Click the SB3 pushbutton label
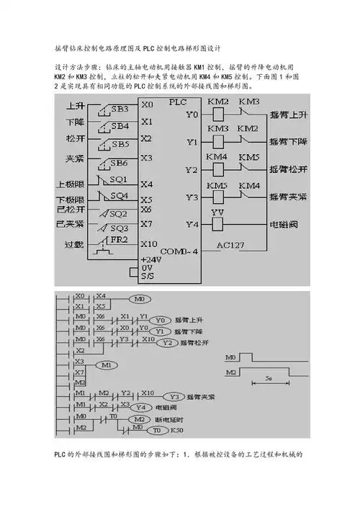[120, 109]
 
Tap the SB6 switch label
[120, 162]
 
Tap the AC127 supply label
[231, 245]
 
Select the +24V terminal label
[152, 259]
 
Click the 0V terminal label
[147, 267]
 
